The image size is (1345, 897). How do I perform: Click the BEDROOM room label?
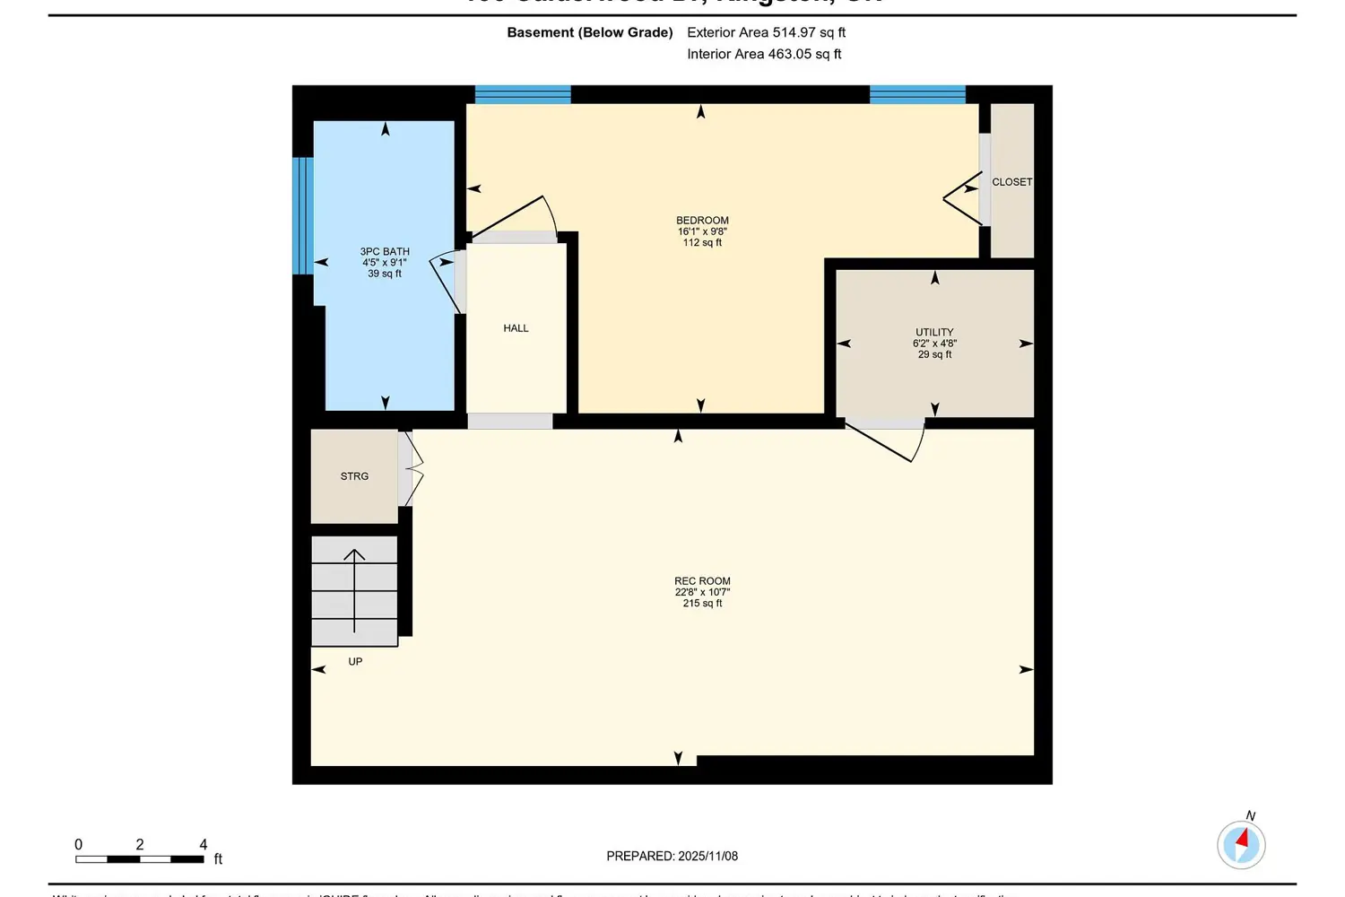pyautogui.click(x=702, y=221)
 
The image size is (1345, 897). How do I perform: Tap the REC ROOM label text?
pyautogui.click(x=702, y=581)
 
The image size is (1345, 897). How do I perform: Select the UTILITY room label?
pyautogui.click(x=934, y=332)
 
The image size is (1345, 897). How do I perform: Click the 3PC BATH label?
pyautogui.click(x=385, y=252)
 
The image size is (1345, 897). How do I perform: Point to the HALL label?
pyautogui.click(x=516, y=328)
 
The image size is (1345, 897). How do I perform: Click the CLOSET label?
pyautogui.click(x=1011, y=182)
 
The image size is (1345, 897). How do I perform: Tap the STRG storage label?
pyautogui.click(x=354, y=476)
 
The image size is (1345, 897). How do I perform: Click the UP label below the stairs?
pyautogui.click(x=355, y=662)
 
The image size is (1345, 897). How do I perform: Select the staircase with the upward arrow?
pyautogui.click(x=354, y=590)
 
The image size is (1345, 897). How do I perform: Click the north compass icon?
pyautogui.click(x=1241, y=844)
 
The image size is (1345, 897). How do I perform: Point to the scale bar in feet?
pyautogui.click(x=140, y=858)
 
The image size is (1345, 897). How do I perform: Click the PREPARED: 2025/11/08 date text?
pyautogui.click(x=672, y=857)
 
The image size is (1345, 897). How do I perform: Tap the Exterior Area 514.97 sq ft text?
pyautogui.click(x=766, y=32)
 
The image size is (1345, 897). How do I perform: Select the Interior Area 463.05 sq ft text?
pyautogui.click(x=764, y=54)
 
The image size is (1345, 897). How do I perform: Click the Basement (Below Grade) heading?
pyautogui.click(x=590, y=32)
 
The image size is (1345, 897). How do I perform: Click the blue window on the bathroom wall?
pyautogui.click(x=303, y=215)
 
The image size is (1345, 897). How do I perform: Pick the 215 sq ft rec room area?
pyautogui.click(x=702, y=604)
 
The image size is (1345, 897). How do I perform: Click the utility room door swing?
pyautogui.click(x=888, y=440)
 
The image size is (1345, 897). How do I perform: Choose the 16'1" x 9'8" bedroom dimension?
pyautogui.click(x=702, y=231)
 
